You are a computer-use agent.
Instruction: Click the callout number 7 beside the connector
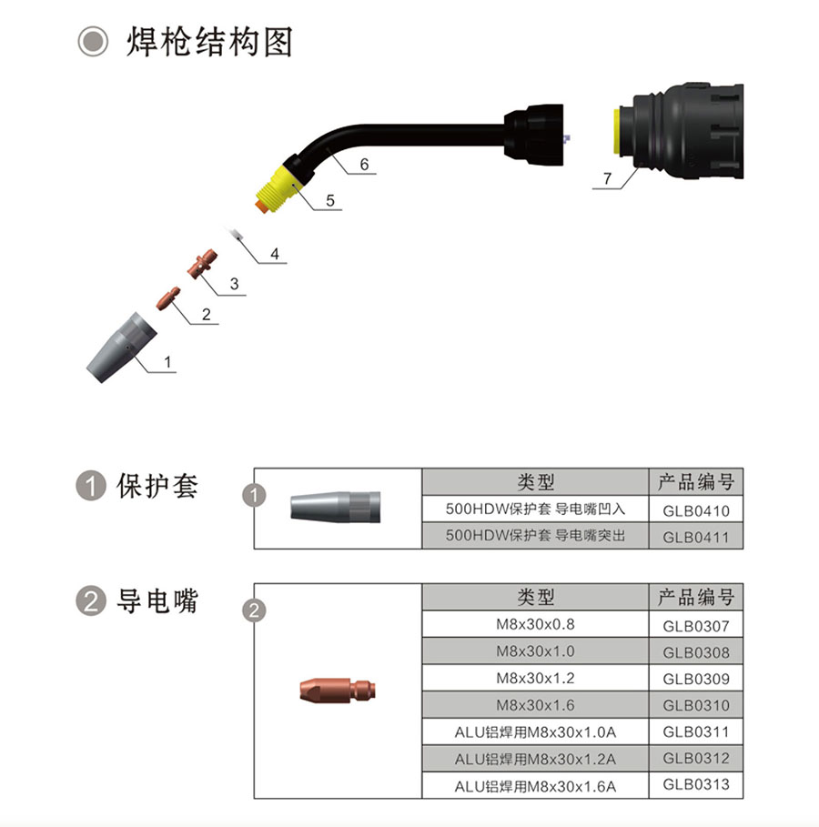[607, 178]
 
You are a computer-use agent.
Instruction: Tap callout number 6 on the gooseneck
[364, 165]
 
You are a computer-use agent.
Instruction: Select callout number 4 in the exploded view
[275, 254]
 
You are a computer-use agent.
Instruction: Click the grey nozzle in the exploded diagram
[121, 347]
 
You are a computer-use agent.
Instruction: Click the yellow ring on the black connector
[617, 131]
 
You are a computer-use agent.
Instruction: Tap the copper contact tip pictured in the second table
[338, 691]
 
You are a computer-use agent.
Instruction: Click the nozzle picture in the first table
[335, 508]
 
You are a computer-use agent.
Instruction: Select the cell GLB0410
[695, 510]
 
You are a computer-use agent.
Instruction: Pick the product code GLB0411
[695, 537]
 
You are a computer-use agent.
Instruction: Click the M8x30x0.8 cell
[535, 624]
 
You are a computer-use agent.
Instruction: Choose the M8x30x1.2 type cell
[535, 679]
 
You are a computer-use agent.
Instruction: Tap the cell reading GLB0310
[695, 705]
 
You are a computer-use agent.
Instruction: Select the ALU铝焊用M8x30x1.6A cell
[535, 786]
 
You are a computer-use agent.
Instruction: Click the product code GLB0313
[695, 785]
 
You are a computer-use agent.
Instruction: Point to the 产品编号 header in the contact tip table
[695, 597]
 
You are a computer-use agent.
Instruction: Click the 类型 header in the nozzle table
[535, 481]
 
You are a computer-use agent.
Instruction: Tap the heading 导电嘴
[157, 600]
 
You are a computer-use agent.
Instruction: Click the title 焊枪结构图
[209, 42]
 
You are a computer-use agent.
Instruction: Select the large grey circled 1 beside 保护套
[91, 486]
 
